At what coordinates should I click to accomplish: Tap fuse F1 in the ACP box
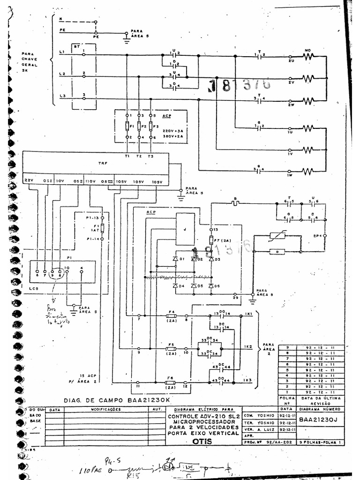pyautogui.click(x=127, y=127)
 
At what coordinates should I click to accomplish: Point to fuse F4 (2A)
pyautogui.click(x=171, y=316)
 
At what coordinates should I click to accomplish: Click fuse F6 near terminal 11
pyautogui.click(x=171, y=383)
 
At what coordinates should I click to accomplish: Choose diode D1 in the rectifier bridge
pyautogui.click(x=176, y=258)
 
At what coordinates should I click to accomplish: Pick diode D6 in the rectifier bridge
pyautogui.click(x=211, y=286)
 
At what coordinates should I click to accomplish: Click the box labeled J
pyautogui.click(x=185, y=229)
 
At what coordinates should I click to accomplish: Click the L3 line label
pyautogui.click(x=62, y=96)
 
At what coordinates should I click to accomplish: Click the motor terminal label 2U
pyautogui.click(x=291, y=61)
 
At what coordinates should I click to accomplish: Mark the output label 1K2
pyautogui.click(x=248, y=346)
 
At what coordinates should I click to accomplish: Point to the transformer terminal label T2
pyautogui.click(x=139, y=156)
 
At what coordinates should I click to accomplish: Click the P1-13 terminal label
pyautogui.click(x=92, y=218)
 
